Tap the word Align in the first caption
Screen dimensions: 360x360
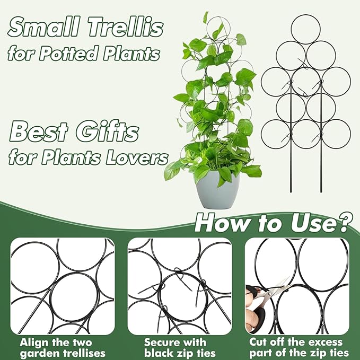pos(33,342)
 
